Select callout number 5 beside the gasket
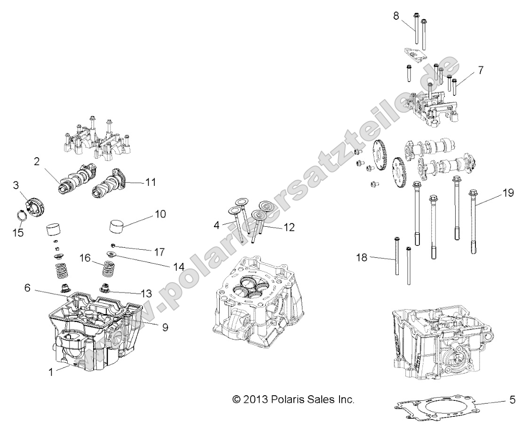512,400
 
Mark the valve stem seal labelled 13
104,287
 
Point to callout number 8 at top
396,15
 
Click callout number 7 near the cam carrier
480,70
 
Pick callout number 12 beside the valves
289,227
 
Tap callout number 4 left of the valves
216,225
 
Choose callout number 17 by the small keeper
159,252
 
